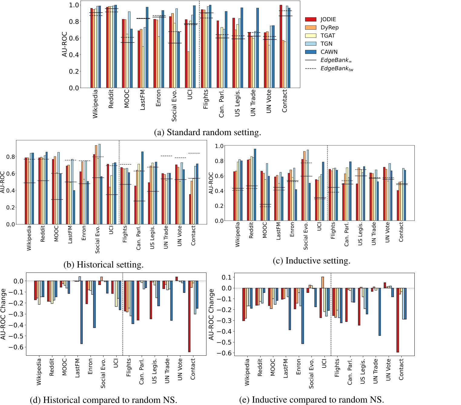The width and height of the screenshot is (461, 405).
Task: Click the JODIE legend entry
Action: [328, 19]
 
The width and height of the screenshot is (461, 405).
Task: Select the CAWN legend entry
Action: [329, 52]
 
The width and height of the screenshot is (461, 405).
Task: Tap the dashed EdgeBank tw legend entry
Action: [337, 69]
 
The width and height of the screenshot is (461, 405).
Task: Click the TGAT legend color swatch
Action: [311, 36]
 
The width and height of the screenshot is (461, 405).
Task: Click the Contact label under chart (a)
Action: [285, 101]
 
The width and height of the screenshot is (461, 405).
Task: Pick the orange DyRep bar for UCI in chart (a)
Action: [188, 70]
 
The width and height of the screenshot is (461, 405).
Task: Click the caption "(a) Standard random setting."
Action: [207, 132]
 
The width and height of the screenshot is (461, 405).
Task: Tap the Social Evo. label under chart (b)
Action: [97, 239]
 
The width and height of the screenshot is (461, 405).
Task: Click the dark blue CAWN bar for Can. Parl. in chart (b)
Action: [142, 188]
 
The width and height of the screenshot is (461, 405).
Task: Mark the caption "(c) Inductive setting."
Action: [311, 261]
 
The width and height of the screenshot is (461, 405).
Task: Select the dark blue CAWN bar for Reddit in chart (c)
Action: [255, 185]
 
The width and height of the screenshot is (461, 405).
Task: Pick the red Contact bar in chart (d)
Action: [189, 316]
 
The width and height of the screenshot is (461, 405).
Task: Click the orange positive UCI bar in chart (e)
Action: [322, 283]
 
